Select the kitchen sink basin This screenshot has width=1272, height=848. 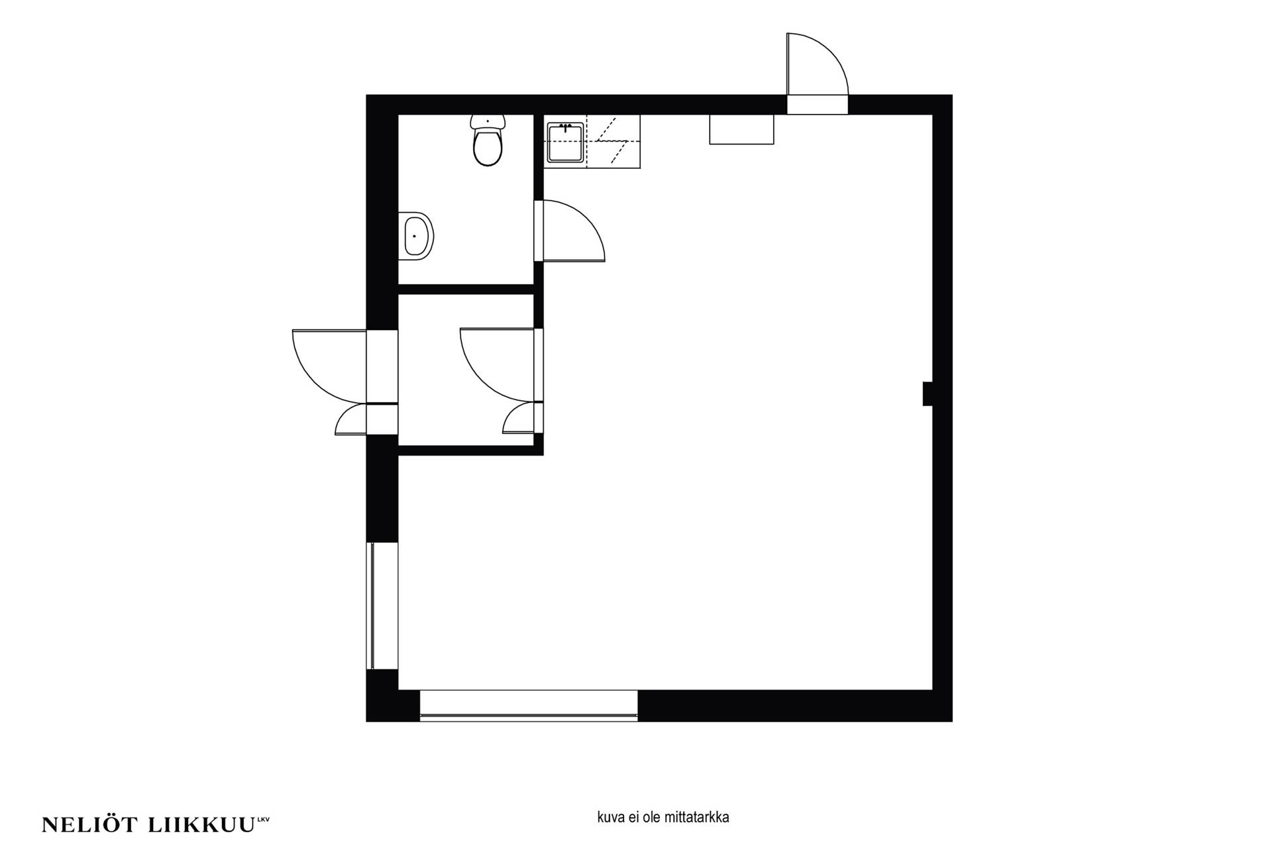coord(565,142)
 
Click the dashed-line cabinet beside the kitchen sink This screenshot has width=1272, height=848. coord(613,142)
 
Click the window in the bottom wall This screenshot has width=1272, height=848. coord(529,706)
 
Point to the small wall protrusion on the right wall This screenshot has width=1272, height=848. coord(927,394)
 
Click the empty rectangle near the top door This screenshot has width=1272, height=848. coord(741,129)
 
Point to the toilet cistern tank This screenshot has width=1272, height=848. coord(488,121)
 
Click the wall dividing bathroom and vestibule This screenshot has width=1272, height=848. coord(466,289)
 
